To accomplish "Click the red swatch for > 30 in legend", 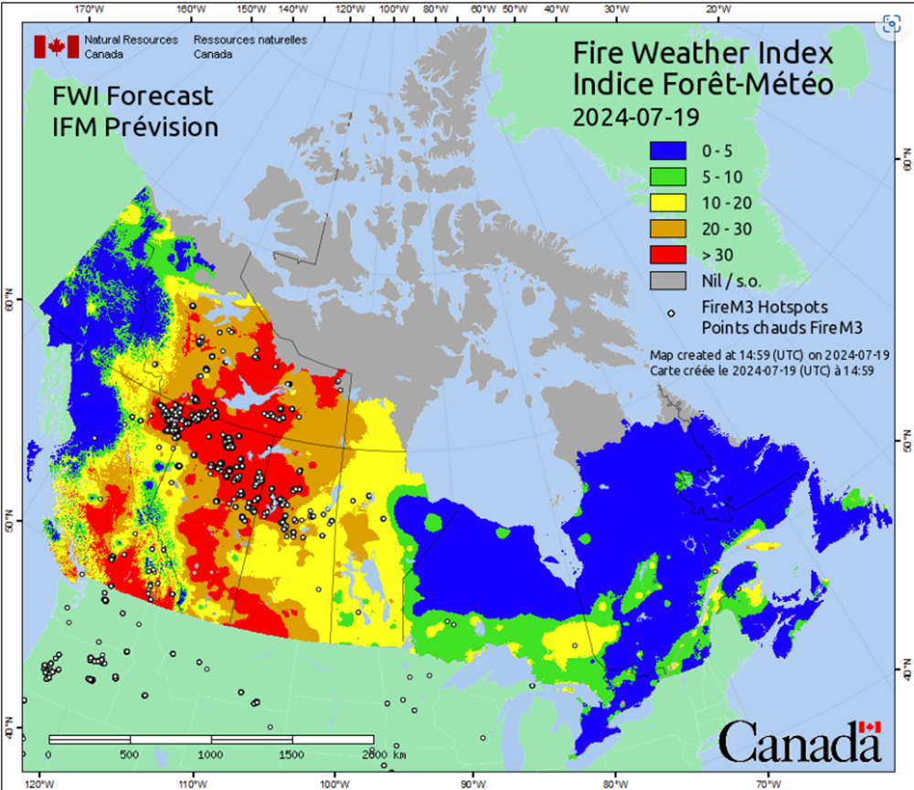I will pyautogui.click(x=670, y=254).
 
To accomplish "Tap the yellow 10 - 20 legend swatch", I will pyautogui.click(x=670, y=202).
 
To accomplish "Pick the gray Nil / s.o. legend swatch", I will pyautogui.click(x=670, y=279).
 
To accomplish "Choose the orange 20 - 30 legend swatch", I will pyautogui.click(x=670, y=228).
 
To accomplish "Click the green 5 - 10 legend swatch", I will pyautogui.click(x=670, y=176).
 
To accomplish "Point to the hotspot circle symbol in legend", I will pyautogui.click(x=670, y=313).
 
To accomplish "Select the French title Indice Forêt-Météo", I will pyautogui.click(x=702, y=84).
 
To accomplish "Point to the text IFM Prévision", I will pyautogui.click(x=134, y=126).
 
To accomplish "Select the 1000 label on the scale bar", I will pyautogui.click(x=210, y=754).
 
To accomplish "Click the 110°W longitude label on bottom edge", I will pyautogui.click(x=191, y=784).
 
